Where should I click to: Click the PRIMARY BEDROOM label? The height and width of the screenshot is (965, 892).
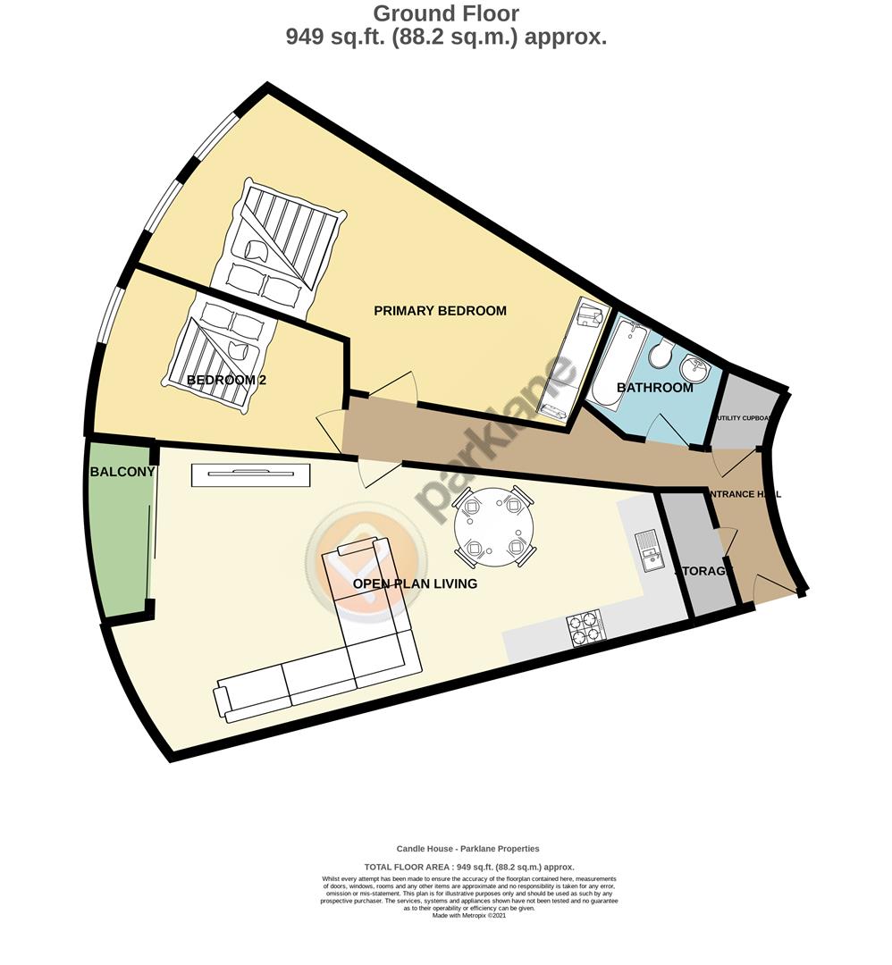[x=440, y=311]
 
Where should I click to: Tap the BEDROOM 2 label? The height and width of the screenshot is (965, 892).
[x=226, y=380]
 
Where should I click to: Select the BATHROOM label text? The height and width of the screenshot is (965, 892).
[x=654, y=388]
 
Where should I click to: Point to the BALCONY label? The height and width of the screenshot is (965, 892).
[x=122, y=472]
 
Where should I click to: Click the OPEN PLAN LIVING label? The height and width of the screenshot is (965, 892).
[x=415, y=583]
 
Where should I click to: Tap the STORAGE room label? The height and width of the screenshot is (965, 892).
[x=703, y=571]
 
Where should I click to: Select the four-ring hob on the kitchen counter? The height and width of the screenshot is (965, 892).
[x=585, y=626]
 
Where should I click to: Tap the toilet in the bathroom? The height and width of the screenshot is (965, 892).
[x=662, y=353]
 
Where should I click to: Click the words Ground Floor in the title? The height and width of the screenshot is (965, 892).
[x=445, y=13]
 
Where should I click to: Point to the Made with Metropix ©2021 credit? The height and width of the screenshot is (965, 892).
[x=468, y=915]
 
